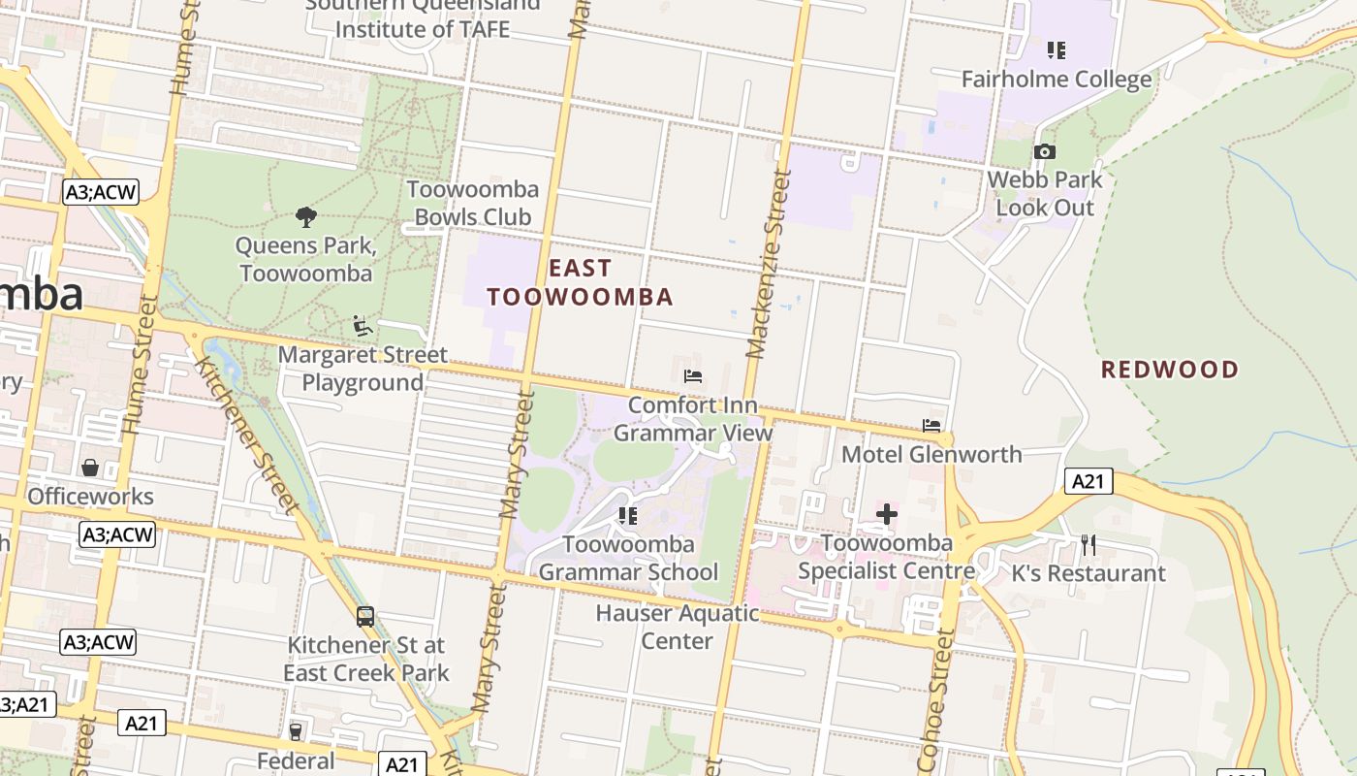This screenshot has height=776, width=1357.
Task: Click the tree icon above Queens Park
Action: click(306, 216)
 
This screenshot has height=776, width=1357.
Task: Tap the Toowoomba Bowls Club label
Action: click(472, 203)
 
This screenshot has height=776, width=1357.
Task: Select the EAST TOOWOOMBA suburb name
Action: click(580, 282)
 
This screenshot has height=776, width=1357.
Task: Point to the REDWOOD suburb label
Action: click(1169, 370)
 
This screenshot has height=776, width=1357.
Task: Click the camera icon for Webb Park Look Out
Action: click(1044, 151)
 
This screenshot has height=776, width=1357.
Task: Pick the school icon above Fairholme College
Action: click(1057, 49)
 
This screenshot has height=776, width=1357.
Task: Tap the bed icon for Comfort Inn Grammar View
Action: click(692, 376)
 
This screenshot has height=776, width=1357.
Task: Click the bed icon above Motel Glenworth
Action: click(931, 426)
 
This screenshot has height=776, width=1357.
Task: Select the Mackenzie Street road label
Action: click(764, 265)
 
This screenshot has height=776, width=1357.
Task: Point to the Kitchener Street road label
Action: click(246, 435)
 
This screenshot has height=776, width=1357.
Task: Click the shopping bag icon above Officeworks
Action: click(90, 469)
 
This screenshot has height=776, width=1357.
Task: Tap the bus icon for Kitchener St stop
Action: click(365, 616)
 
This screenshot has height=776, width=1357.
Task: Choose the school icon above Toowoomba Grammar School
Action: click(627, 516)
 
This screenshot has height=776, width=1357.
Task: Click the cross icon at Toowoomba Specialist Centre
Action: click(886, 514)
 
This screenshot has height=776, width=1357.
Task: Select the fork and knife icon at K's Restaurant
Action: click(1089, 545)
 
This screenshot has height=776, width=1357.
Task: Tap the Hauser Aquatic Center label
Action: click(678, 627)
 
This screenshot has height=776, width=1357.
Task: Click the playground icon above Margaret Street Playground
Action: click(363, 326)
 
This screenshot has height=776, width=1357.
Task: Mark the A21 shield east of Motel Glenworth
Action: click(1089, 481)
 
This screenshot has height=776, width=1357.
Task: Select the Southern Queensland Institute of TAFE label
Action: click(422, 17)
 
